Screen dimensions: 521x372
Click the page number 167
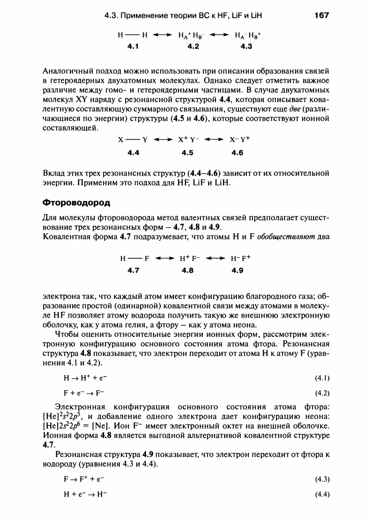tap(322, 15)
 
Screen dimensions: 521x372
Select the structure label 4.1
tap(134, 46)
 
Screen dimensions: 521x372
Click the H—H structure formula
tap(134, 35)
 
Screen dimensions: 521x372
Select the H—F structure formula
tap(134, 258)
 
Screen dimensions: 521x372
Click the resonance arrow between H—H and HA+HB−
tap(162, 35)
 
